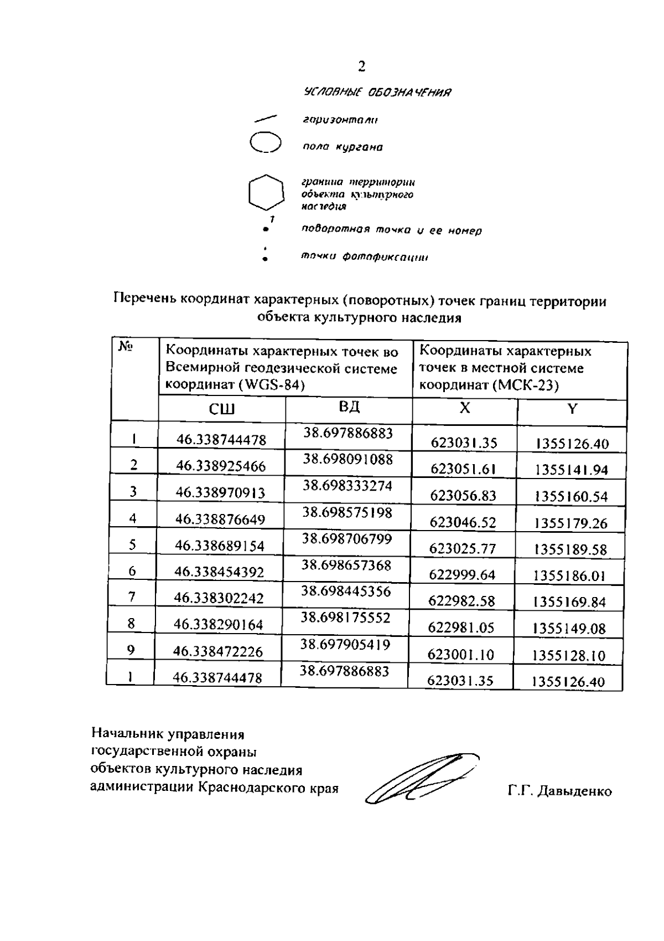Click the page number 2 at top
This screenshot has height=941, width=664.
point(361,67)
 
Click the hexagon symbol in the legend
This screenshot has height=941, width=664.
point(266,193)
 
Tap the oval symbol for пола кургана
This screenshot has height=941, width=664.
point(266,142)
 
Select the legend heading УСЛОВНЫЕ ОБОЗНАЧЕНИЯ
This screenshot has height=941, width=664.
point(377,92)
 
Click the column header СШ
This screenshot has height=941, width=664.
point(221,409)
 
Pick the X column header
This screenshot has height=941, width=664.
point(465,408)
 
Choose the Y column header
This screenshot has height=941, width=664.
point(572,409)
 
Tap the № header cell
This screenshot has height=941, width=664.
point(126,347)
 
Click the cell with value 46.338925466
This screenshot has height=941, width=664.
point(221,466)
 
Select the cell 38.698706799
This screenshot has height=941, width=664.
point(347,539)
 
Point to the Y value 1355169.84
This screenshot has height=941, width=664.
point(569,602)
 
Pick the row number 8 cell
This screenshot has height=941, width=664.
point(131,624)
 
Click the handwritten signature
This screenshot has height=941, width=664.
point(421,778)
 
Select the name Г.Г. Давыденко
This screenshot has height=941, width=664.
point(559,791)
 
